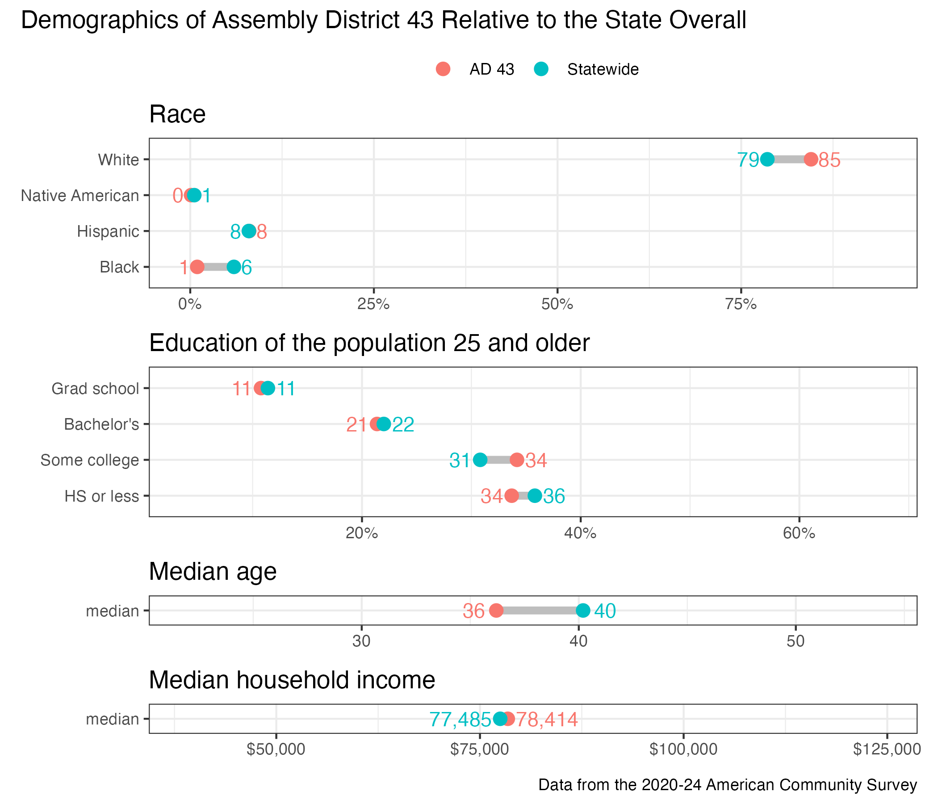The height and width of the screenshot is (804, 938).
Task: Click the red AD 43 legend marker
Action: (x=443, y=69)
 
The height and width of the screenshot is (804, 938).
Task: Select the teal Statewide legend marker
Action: (x=541, y=69)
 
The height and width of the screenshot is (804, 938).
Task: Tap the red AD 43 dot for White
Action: (x=811, y=159)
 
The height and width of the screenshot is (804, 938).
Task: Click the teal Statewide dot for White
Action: (x=767, y=159)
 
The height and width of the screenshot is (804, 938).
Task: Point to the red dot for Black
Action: (x=197, y=267)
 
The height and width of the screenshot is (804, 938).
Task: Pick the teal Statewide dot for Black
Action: (x=234, y=267)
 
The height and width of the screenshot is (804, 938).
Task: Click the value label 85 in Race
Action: (x=829, y=160)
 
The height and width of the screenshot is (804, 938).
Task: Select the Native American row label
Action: (x=80, y=196)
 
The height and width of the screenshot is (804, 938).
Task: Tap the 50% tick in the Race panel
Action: (x=557, y=304)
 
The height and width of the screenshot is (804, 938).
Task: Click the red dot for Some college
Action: (x=517, y=460)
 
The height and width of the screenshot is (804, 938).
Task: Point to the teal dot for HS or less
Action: (x=535, y=496)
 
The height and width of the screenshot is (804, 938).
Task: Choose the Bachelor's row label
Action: (x=101, y=424)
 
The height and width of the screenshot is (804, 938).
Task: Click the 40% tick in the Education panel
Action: (x=580, y=533)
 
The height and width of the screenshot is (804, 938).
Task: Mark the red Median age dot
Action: (x=496, y=610)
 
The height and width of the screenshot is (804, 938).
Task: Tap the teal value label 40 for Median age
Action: (x=605, y=611)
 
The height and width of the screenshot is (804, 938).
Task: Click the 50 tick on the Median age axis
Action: (x=796, y=641)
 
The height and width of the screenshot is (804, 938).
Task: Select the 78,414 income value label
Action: (x=547, y=719)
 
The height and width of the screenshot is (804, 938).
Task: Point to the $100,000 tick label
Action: (x=683, y=749)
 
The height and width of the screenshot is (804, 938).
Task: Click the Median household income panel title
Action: (x=292, y=680)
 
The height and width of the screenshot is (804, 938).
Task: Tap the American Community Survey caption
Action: (x=728, y=784)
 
